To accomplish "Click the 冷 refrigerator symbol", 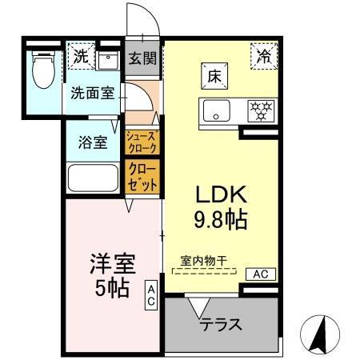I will coord(262,55).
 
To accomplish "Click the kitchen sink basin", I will coord(215,110).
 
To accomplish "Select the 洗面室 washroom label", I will coord(92,93).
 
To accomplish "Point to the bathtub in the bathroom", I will coord(94,178).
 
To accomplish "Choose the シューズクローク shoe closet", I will coord(142,142).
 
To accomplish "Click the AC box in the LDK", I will coord(260,273).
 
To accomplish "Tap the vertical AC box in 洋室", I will coord(150,296).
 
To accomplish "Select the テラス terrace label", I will coord(221,326).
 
